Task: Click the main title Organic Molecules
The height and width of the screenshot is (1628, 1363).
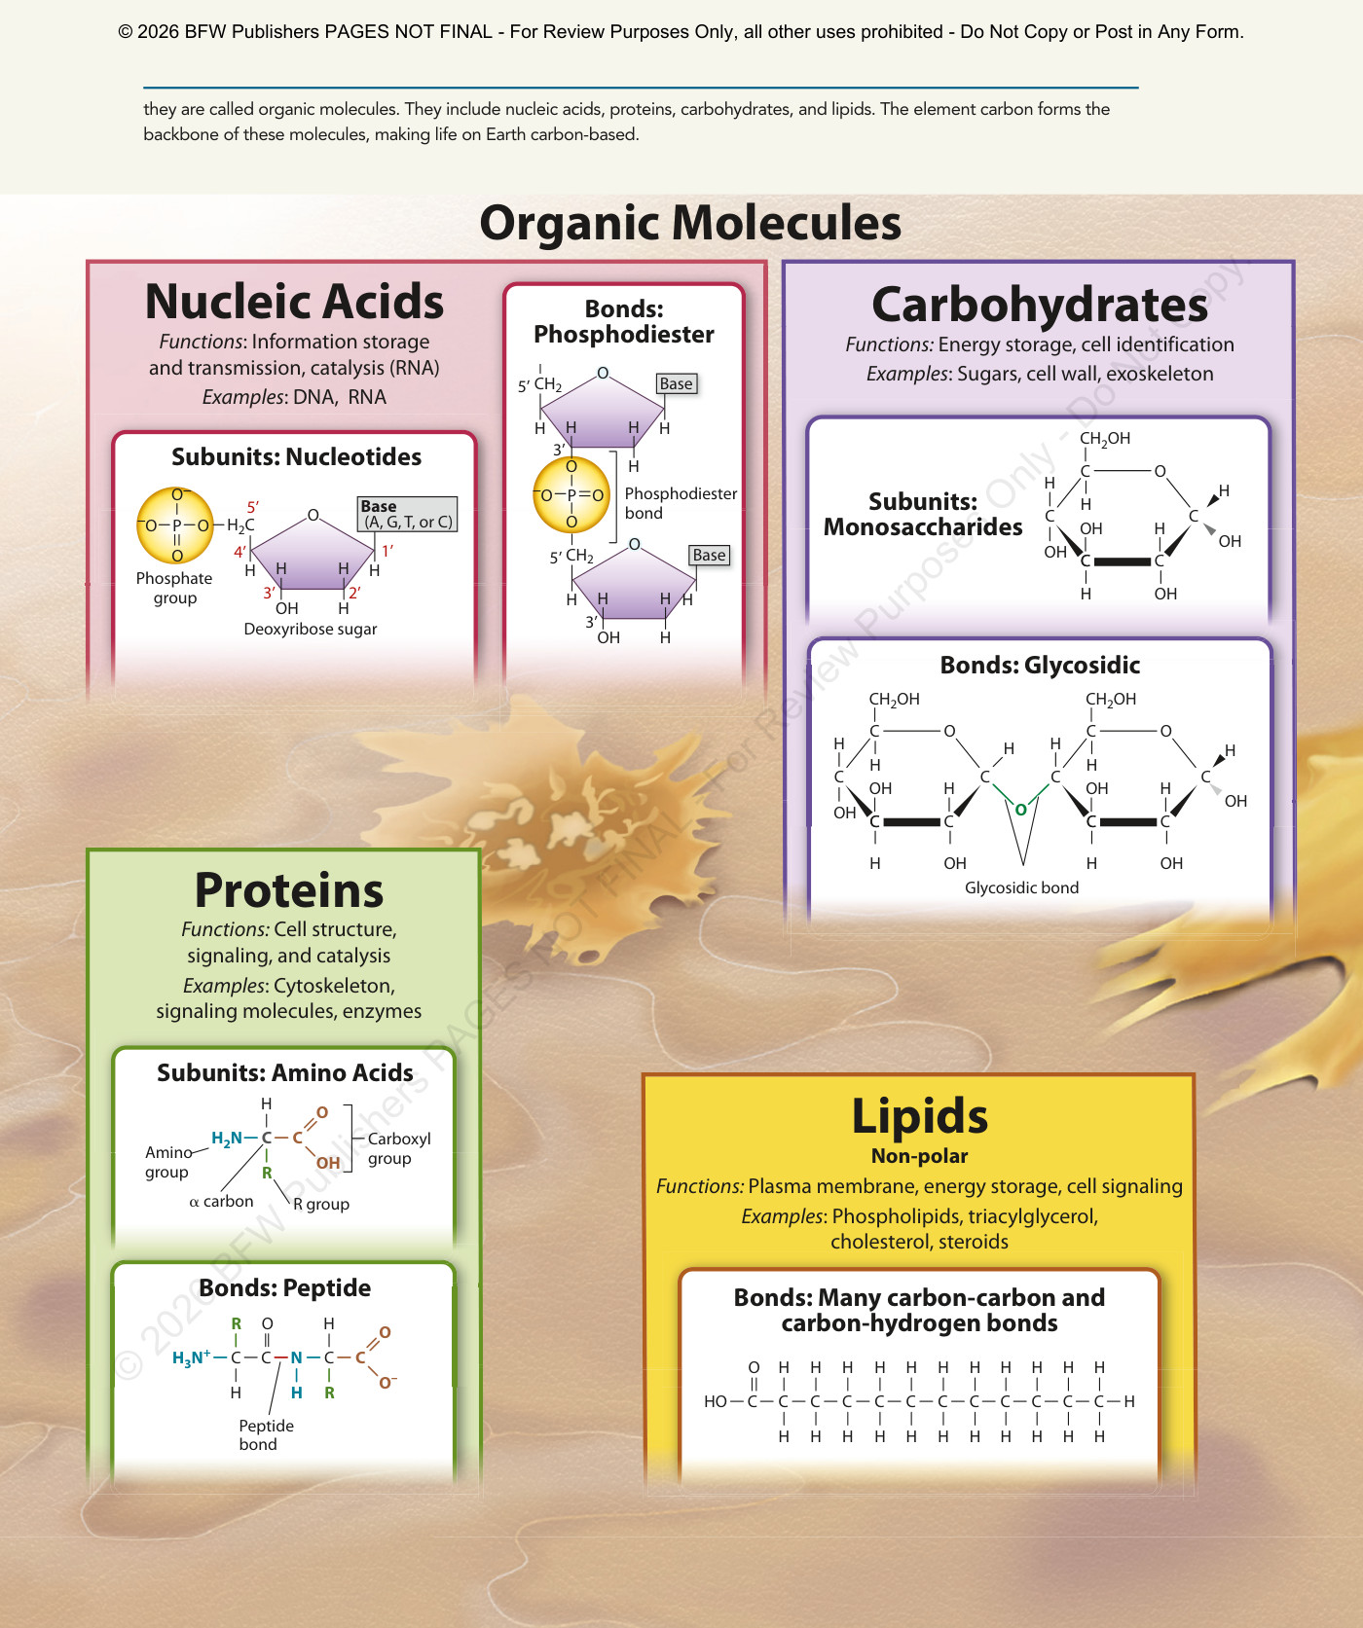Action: [690, 223]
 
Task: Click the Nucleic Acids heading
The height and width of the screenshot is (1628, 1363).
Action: [294, 302]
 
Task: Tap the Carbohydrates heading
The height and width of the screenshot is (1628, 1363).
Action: [1040, 305]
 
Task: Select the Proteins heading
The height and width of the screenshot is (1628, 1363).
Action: [289, 890]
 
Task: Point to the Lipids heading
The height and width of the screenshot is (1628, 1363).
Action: [919, 1116]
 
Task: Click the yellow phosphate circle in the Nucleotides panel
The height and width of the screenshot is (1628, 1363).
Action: [176, 525]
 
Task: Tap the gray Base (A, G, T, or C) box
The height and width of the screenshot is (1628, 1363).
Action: [408, 514]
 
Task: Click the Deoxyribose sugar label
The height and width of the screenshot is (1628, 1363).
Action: [311, 630]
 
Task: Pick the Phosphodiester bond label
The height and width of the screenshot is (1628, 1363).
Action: [681, 503]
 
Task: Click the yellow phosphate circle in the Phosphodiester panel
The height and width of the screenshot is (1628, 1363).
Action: [571, 495]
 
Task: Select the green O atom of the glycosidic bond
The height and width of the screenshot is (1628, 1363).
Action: [1020, 810]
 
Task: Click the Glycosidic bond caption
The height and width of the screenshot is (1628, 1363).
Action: [1021, 887]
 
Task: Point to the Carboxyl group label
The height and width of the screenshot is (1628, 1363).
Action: [398, 1148]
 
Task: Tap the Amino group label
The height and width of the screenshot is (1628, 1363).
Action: [167, 1162]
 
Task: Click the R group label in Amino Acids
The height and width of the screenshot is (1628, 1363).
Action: [321, 1204]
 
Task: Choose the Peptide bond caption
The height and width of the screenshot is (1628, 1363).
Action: [266, 1435]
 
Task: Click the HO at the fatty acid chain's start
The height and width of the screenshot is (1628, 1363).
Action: [716, 1401]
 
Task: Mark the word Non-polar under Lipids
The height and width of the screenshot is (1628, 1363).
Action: [919, 1156]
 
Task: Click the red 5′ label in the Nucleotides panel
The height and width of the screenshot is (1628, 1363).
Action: [253, 507]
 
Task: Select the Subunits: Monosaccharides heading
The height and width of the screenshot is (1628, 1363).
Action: [923, 514]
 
